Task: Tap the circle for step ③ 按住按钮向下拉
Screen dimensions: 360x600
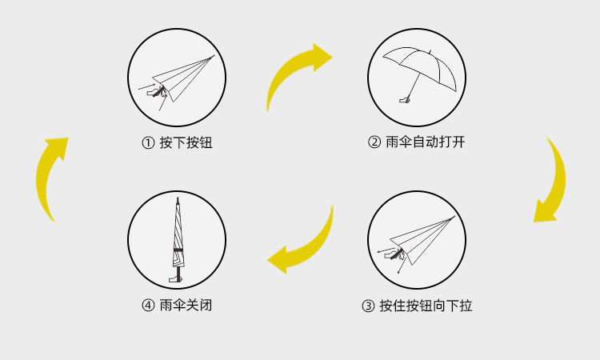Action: [417, 240]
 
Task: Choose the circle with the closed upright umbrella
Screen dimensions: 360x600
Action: [178, 240]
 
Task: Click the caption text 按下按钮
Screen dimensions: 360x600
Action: [186, 143]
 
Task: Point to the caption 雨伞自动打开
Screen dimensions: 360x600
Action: [425, 143]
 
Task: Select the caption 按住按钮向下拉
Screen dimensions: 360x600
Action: [426, 306]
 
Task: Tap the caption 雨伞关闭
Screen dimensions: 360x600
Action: [186, 306]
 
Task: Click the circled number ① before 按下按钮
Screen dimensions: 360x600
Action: [147, 143]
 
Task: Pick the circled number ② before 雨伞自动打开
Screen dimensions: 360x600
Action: [374, 143]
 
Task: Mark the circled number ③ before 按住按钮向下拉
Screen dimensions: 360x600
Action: [368, 306]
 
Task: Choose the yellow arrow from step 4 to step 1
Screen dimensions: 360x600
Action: [50, 176]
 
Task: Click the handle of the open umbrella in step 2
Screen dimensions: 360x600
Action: [406, 101]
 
